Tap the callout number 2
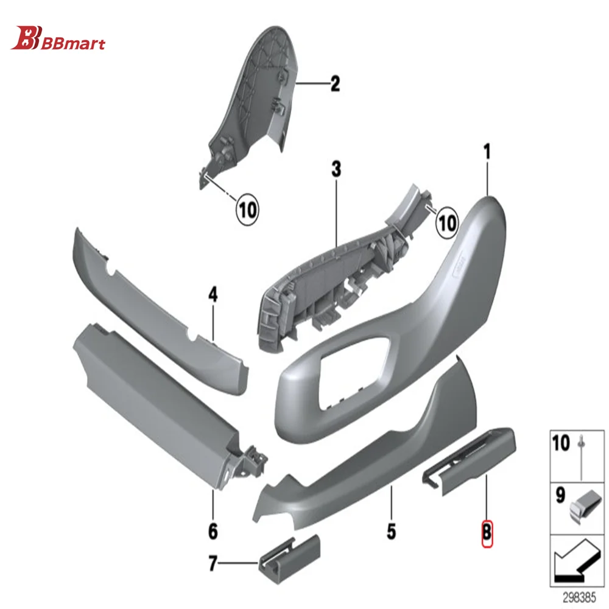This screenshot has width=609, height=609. pyautogui.click(x=335, y=83)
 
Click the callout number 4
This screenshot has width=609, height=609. pyautogui.click(x=213, y=296)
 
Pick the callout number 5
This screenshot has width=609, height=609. pyautogui.click(x=390, y=531)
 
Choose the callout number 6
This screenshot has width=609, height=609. pyautogui.click(x=213, y=531)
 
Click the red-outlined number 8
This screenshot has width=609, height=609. pyautogui.click(x=487, y=531)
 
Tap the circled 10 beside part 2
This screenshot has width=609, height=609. pyautogui.click(x=247, y=210)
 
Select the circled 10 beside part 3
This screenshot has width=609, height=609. pyautogui.click(x=447, y=222)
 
